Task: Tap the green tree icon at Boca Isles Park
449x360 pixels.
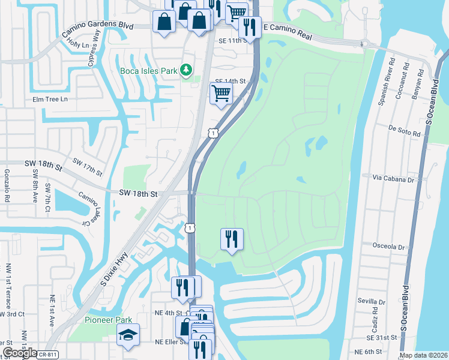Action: point(187,71)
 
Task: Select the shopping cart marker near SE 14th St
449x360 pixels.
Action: point(221,94)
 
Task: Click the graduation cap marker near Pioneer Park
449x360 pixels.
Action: point(127,335)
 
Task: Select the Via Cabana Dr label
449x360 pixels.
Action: point(393,179)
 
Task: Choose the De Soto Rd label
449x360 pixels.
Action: point(403,128)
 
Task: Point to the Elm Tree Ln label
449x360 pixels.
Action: point(50,99)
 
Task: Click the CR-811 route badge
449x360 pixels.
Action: point(45,355)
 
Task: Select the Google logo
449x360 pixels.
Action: point(19,353)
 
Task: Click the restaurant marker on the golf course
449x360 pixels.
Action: point(232,239)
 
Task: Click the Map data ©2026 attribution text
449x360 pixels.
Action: point(423,355)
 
